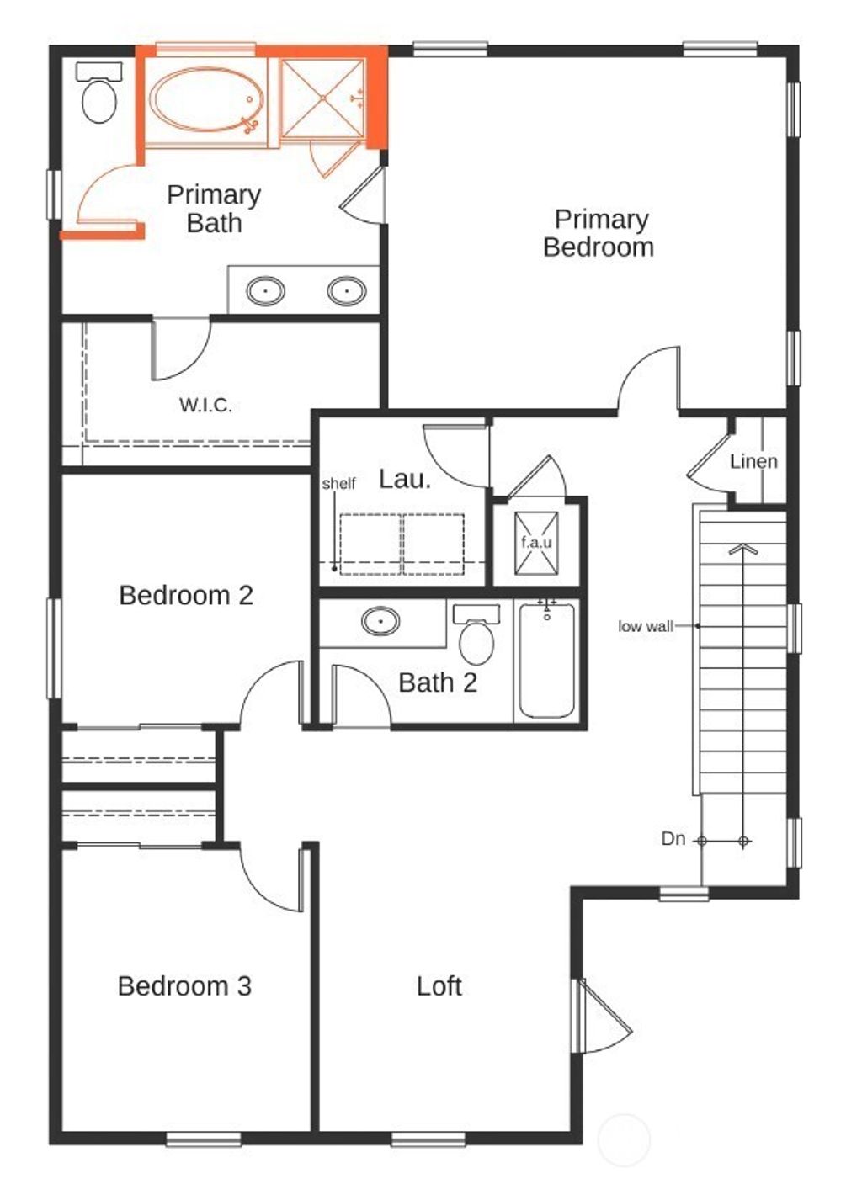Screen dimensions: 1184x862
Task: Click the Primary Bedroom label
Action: tap(599, 233)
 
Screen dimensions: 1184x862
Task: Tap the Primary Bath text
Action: tap(214, 209)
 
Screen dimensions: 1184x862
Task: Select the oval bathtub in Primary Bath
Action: tap(206, 100)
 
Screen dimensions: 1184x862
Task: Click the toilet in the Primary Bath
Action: tap(99, 95)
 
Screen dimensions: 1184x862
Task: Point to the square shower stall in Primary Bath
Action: tap(322, 98)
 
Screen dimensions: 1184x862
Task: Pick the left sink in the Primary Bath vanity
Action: tap(265, 291)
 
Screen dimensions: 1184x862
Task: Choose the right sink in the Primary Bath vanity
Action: tap(346, 291)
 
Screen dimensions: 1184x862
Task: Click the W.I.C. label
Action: tap(205, 405)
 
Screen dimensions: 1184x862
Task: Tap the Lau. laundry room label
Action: tap(404, 479)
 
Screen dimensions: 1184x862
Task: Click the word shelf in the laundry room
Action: tap(338, 483)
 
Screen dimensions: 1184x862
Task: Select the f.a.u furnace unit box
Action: tap(536, 543)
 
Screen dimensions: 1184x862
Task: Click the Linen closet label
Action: tap(753, 461)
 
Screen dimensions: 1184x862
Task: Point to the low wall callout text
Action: tap(645, 626)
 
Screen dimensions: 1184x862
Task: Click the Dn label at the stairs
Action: tap(673, 839)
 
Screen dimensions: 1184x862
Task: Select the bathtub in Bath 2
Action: tap(547, 660)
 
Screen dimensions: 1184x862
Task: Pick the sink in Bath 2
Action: tap(380, 622)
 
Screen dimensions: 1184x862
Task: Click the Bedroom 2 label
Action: tap(186, 595)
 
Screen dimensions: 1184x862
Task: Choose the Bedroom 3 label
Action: tap(184, 985)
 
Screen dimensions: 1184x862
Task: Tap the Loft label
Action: tap(439, 985)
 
